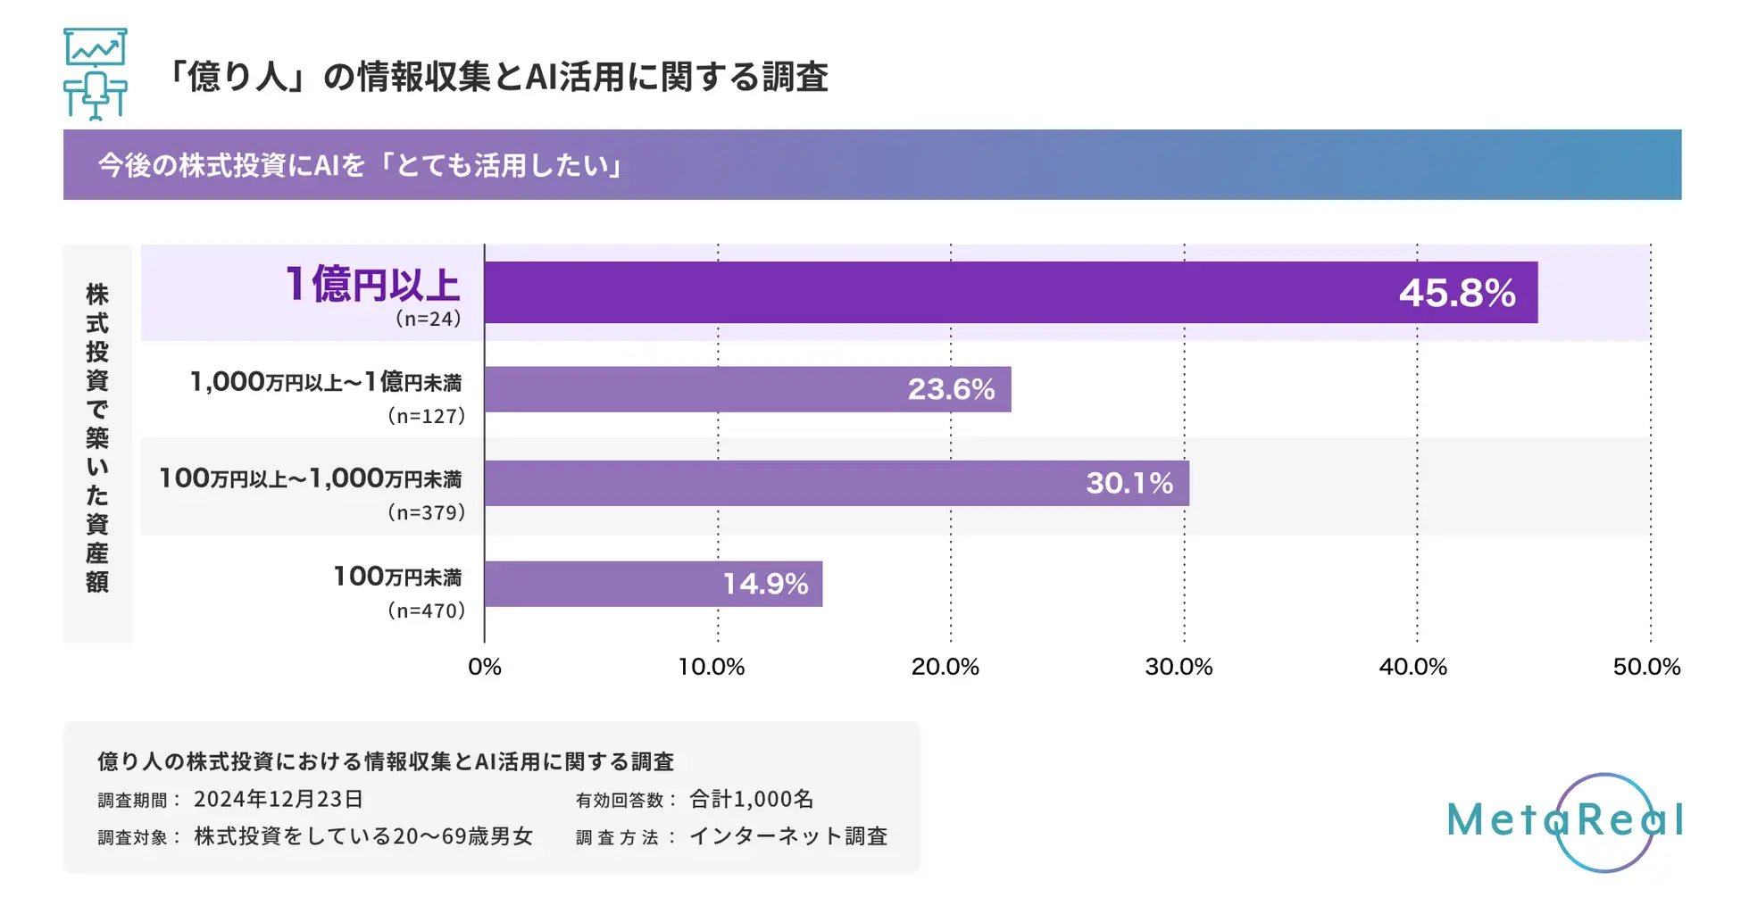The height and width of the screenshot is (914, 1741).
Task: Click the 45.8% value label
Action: click(x=1456, y=294)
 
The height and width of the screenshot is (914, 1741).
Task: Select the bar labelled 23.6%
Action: click(x=747, y=389)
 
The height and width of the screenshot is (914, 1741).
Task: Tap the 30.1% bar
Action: click(x=837, y=483)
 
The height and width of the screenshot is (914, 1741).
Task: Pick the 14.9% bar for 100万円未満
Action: click(x=653, y=584)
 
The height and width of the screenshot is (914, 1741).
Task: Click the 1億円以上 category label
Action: click(x=372, y=285)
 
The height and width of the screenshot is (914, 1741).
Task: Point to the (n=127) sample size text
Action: click(x=426, y=416)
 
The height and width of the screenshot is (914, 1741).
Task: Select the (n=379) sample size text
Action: click(x=426, y=513)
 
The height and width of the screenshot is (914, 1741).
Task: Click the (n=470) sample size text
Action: click(x=426, y=611)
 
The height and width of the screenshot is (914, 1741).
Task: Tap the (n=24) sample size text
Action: click(x=428, y=319)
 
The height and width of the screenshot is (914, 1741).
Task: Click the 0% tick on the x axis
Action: click(x=485, y=667)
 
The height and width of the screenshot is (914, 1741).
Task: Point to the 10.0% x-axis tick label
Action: click(x=712, y=667)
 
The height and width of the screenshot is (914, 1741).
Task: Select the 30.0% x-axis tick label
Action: click(x=1179, y=667)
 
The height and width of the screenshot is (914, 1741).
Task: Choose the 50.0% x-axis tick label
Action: click(x=1646, y=667)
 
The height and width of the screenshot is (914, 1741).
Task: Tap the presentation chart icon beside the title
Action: click(x=96, y=74)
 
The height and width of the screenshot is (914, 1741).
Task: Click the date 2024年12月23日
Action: click(x=279, y=799)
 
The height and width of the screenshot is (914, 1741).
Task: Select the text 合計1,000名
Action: click(x=751, y=799)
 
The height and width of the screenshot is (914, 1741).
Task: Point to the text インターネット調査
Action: click(x=788, y=836)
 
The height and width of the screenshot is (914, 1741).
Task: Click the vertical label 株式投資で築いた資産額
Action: click(x=97, y=437)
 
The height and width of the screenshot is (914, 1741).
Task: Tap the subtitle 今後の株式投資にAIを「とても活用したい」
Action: click(x=361, y=165)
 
